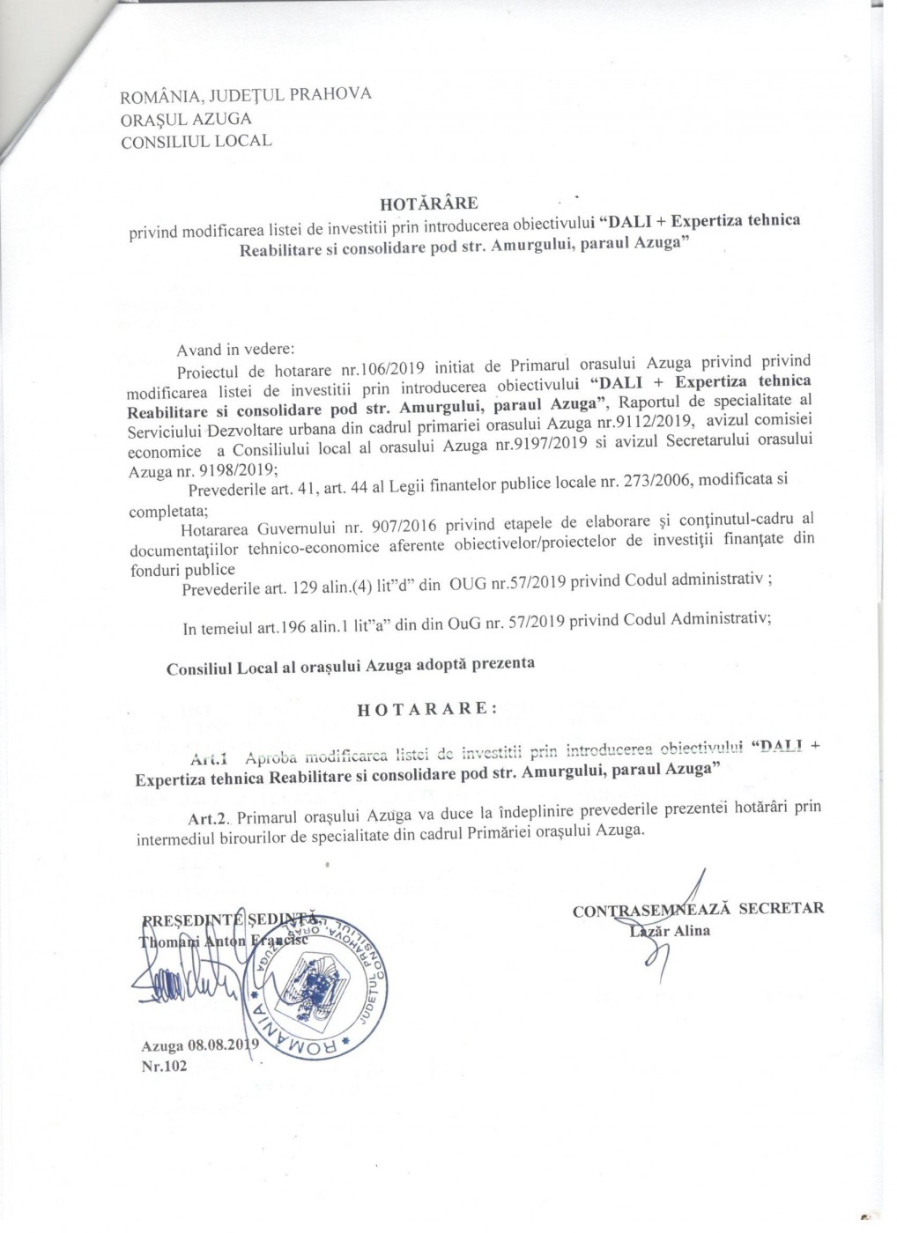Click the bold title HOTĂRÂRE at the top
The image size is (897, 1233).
click(x=441, y=204)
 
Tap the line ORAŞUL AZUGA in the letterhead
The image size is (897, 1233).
click(x=187, y=118)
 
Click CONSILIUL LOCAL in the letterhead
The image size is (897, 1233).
click(x=196, y=141)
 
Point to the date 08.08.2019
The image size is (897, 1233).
click(x=219, y=1045)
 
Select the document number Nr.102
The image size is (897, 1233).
click(x=165, y=1066)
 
